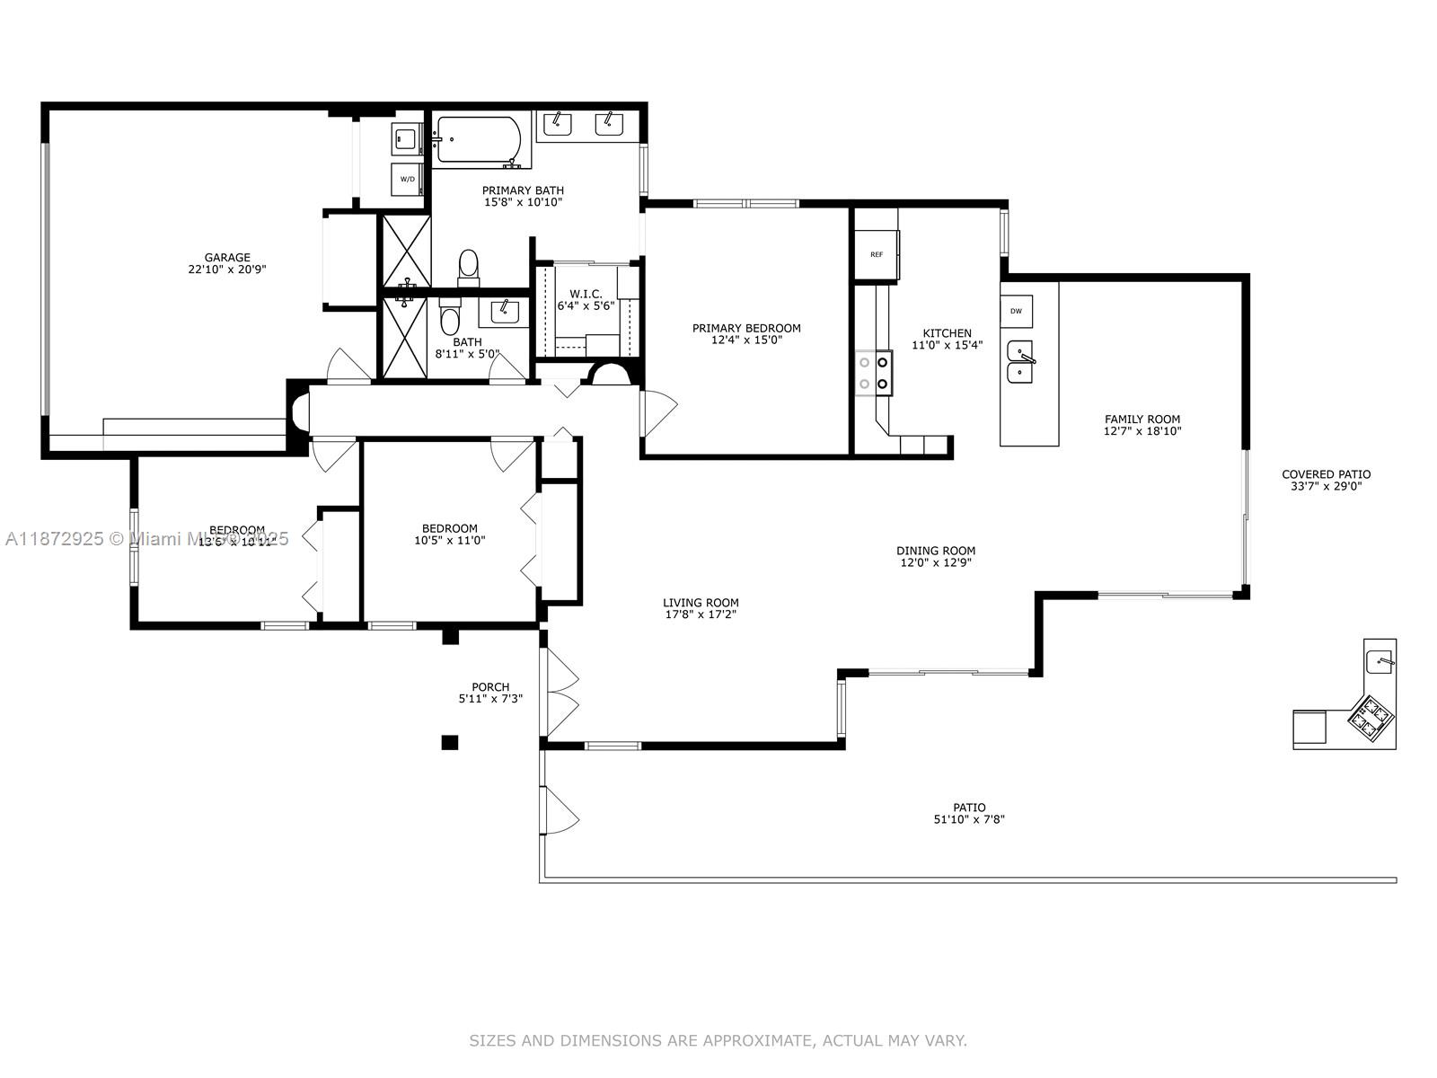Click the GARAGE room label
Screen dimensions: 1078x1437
(x=227, y=258)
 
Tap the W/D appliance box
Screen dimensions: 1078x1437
(x=407, y=179)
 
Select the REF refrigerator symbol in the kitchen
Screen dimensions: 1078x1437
(x=877, y=254)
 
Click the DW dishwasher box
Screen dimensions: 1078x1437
(x=1016, y=312)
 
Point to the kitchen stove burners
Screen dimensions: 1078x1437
(x=874, y=373)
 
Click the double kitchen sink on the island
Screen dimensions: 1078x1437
(x=1020, y=362)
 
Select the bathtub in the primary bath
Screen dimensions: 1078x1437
(x=478, y=141)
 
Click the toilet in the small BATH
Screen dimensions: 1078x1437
(x=450, y=320)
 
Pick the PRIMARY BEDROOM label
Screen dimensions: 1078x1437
(x=746, y=328)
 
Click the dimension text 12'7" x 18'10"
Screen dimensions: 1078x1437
(x=1142, y=431)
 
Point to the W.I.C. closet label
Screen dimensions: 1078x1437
(x=586, y=294)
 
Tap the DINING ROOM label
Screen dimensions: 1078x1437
(x=936, y=551)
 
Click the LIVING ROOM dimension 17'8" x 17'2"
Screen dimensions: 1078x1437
(x=701, y=615)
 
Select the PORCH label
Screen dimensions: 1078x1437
(x=490, y=687)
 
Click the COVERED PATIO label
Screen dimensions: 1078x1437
(x=1326, y=474)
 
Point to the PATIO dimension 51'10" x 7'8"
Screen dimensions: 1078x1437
(x=969, y=819)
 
